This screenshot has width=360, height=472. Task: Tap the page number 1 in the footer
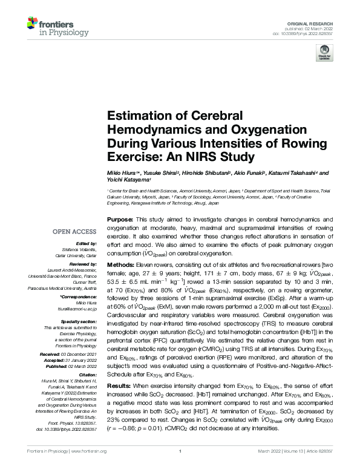[x=180, y=468]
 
